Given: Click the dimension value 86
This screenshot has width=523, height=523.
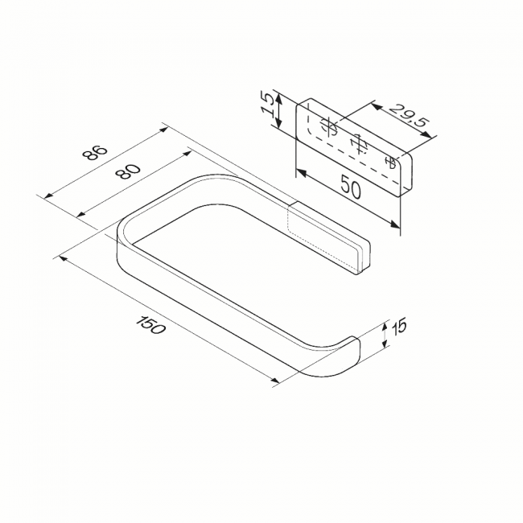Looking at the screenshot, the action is (x=96, y=153).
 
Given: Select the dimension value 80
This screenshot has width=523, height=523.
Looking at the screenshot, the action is (x=128, y=171).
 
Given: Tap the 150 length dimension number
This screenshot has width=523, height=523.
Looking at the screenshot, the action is (x=150, y=325).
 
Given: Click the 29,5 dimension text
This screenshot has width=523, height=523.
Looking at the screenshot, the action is (x=407, y=115).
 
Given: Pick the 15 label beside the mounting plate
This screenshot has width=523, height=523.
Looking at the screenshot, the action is (x=269, y=105).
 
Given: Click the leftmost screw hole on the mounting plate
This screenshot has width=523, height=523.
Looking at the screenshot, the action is (x=329, y=127).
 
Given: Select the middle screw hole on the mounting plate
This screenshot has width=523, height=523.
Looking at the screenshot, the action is (x=359, y=144).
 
